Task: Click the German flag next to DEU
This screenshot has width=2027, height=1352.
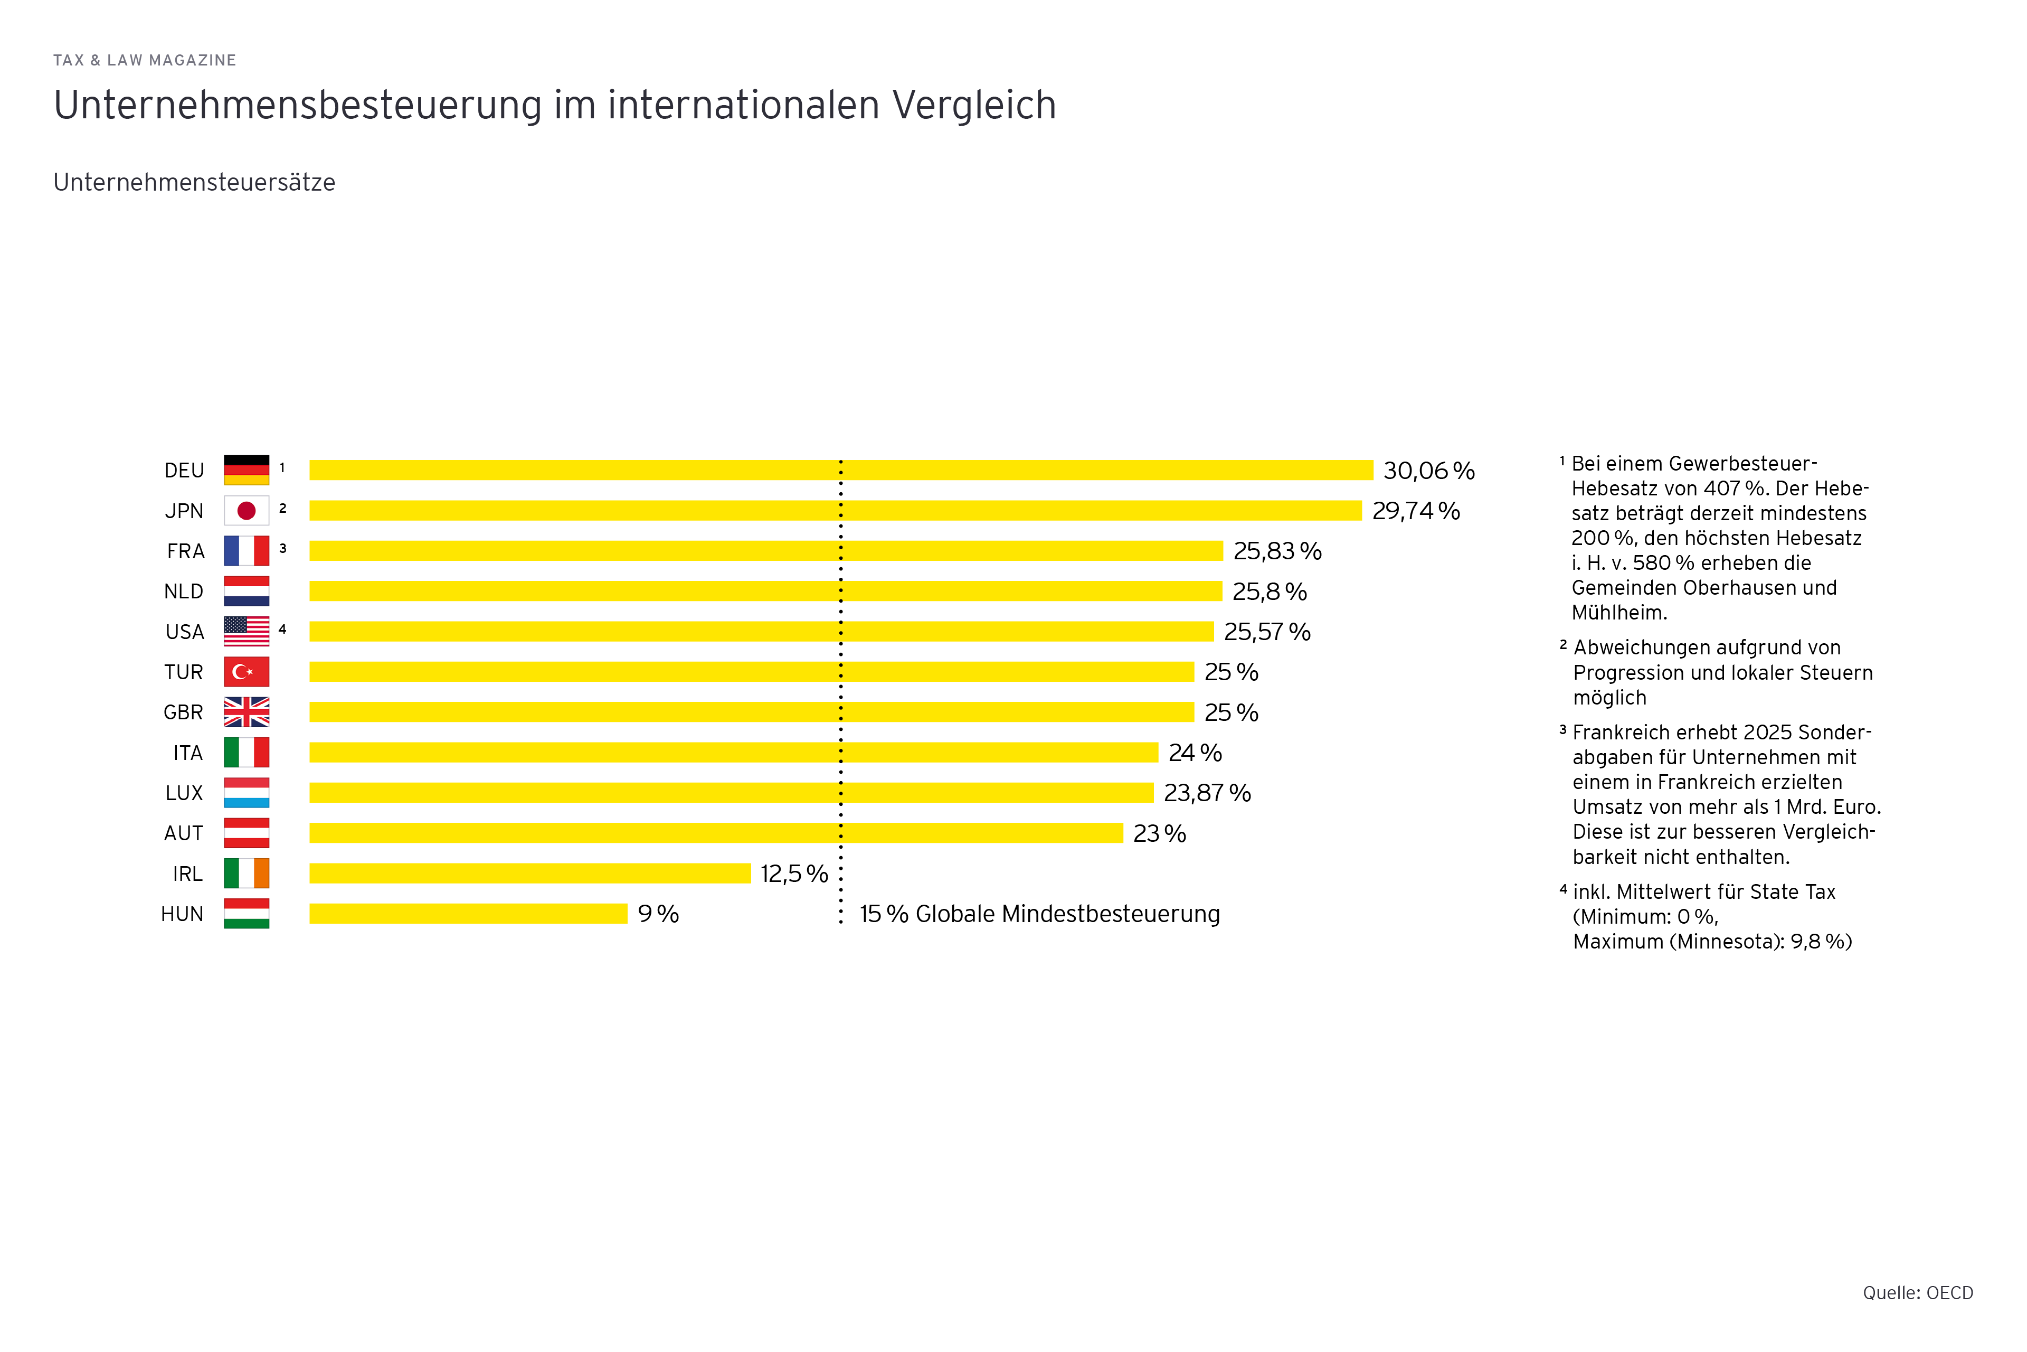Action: [x=247, y=470]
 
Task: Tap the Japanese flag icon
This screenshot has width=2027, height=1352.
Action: [x=247, y=511]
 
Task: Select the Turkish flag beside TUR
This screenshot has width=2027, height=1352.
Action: [x=247, y=672]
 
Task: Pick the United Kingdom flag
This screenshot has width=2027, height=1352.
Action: [x=247, y=712]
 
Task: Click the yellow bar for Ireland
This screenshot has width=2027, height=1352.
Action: [x=530, y=874]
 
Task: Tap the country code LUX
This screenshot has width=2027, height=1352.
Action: [x=184, y=793]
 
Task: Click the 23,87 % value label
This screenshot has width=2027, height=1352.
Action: [x=1207, y=793]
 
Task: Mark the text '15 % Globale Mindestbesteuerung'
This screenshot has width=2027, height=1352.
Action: [x=1039, y=914]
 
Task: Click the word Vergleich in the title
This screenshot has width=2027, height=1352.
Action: [x=974, y=105]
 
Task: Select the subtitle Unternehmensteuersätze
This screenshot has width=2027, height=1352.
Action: [x=194, y=183]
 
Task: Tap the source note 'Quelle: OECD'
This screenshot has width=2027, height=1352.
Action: [x=1918, y=1292]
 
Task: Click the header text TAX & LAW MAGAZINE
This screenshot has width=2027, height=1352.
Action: [x=145, y=60]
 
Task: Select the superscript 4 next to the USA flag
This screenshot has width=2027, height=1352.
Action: [x=283, y=630]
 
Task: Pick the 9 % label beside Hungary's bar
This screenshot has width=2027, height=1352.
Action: [x=658, y=914]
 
